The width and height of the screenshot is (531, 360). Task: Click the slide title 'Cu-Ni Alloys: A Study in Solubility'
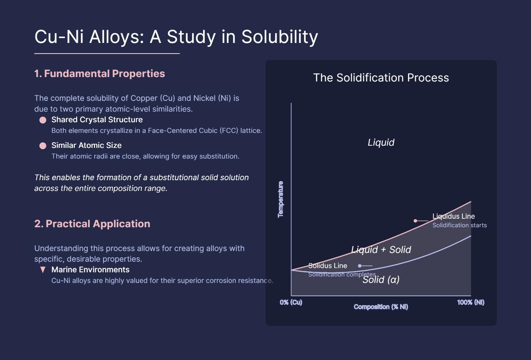click(176, 37)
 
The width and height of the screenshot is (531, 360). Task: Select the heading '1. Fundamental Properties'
click(100, 74)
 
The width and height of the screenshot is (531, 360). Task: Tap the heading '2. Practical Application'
click(92, 224)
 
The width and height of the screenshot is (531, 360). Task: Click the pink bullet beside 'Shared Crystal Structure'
click(43, 120)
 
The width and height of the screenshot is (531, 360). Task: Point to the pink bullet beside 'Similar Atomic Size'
click(43, 146)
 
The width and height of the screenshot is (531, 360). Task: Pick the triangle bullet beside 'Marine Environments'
click(43, 270)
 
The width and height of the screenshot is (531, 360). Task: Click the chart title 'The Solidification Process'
click(381, 78)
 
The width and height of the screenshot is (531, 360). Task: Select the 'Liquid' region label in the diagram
click(381, 143)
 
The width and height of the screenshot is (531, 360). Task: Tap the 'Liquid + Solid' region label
click(381, 250)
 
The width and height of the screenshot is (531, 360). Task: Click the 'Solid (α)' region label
click(381, 279)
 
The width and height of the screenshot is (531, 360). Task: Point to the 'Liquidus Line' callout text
click(454, 217)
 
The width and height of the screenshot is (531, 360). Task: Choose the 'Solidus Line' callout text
click(327, 266)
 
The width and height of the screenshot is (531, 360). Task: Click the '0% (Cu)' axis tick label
click(291, 302)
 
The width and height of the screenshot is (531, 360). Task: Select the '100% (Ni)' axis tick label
click(471, 302)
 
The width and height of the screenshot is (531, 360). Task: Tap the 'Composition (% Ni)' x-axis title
click(381, 307)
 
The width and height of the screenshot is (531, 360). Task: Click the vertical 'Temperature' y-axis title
click(281, 199)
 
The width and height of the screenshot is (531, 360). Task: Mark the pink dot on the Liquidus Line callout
click(415, 221)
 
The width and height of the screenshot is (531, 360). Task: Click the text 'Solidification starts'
click(459, 225)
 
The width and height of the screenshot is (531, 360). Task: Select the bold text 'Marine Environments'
click(90, 270)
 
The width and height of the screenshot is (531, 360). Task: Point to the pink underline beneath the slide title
click(107, 54)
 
